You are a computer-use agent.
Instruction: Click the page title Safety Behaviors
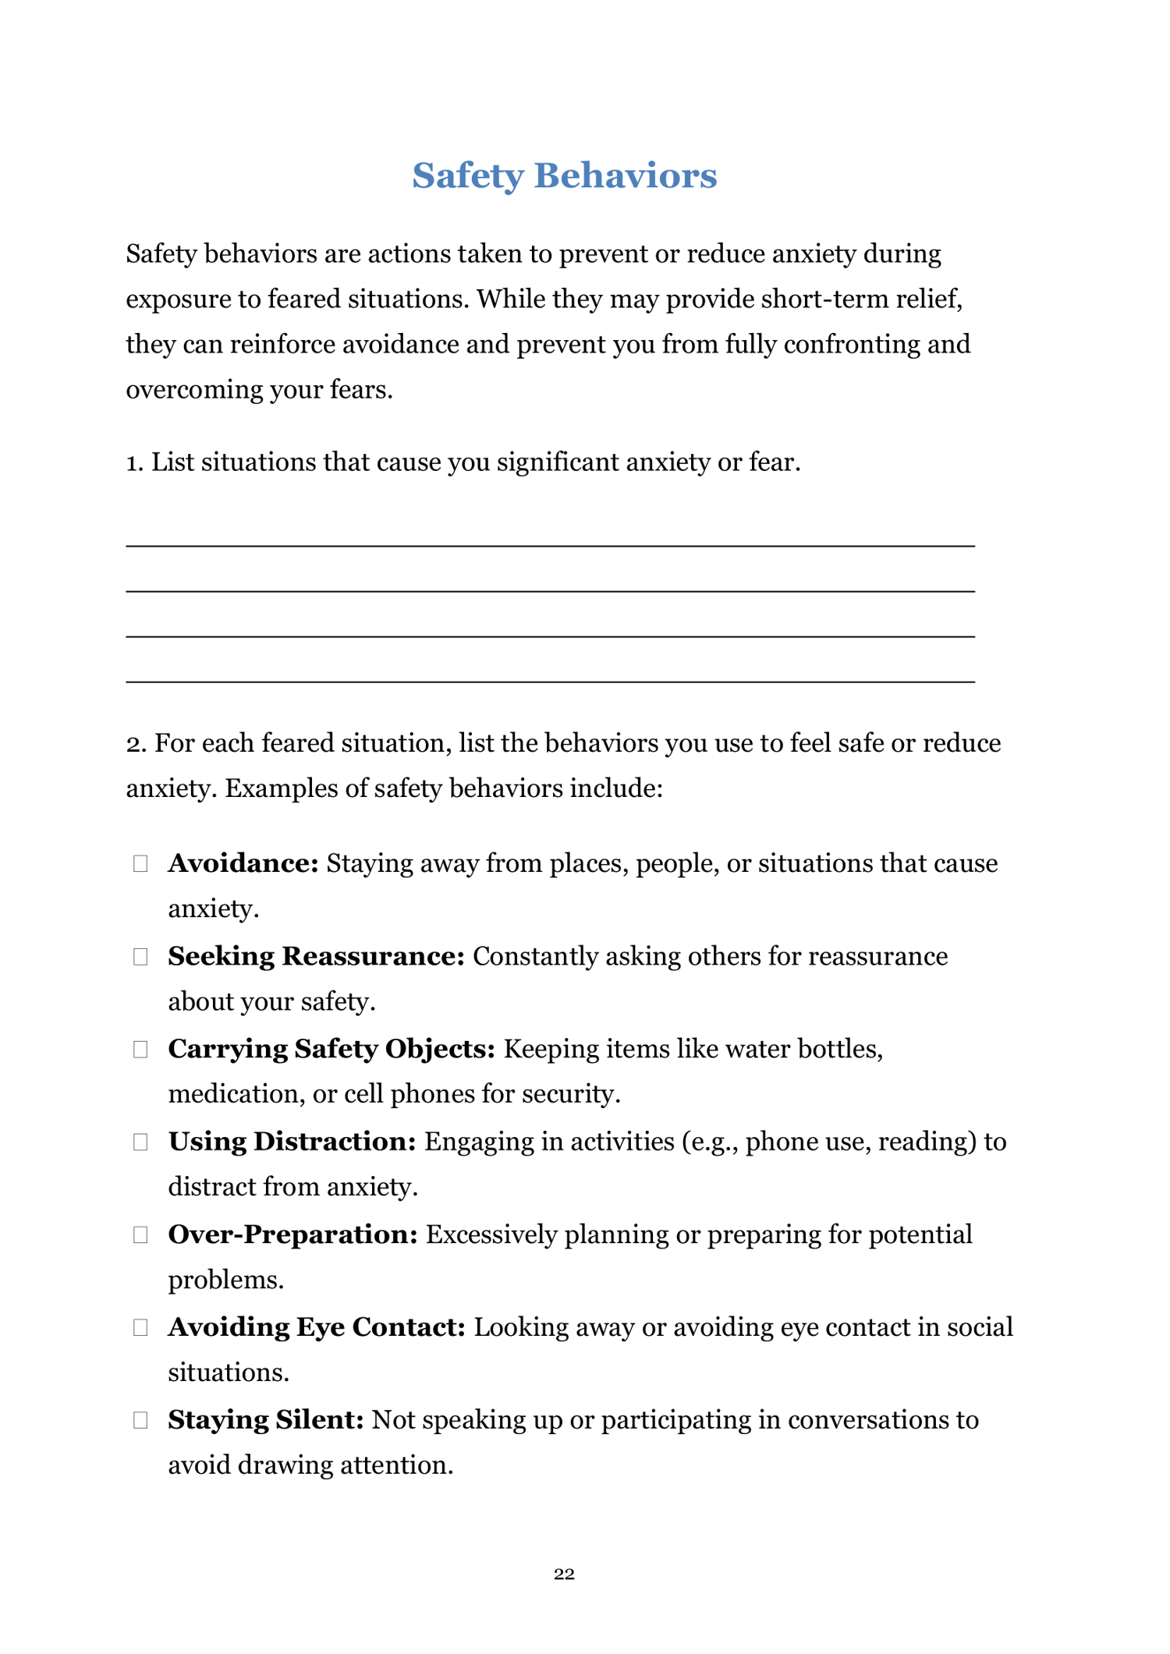click(x=564, y=175)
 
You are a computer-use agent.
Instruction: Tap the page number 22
click(x=564, y=1574)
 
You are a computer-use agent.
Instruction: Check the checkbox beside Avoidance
click(x=140, y=864)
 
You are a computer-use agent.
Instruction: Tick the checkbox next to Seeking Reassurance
click(x=140, y=957)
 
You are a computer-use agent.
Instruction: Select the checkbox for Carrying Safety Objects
click(x=140, y=1050)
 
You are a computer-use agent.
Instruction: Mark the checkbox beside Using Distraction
click(x=140, y=1142)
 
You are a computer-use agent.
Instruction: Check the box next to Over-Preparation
click(x=140, y=1235)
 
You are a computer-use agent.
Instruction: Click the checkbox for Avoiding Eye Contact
click(x=140, y=1328)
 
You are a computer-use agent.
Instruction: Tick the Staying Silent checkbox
click(x=140, y=1421)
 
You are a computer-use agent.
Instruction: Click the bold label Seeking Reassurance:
click(x=317, y=957)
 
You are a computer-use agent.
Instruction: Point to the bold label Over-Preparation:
click(x=293, y=1235)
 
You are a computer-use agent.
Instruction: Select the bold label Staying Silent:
click(x=266, y=1420)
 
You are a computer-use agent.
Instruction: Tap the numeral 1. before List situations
click(x=135, y=463)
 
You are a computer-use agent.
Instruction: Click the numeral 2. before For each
click(x=136, y=744)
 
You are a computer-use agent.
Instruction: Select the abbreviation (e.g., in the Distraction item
click(x=710, y=1142)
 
